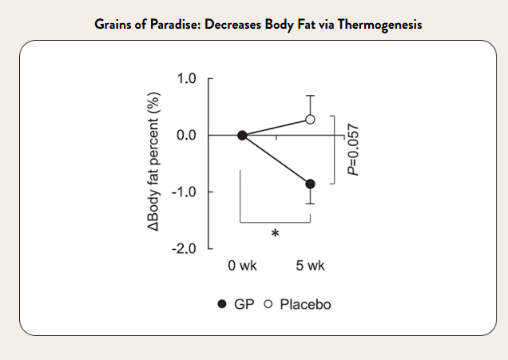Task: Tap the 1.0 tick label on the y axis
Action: (187, 79)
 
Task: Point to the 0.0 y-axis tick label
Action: (187, 136)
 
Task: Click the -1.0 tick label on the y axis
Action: (185, 192)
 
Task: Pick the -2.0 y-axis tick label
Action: (185, 249)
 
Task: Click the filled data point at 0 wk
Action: (242, 136)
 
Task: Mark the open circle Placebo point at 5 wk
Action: (310, 120)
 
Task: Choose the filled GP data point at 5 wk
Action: (310, 184)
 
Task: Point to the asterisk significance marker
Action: (275, 234)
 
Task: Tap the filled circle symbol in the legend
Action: (222, 305)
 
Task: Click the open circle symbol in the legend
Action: (268, 305)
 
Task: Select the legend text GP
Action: (244, 305)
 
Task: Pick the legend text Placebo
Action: (305, 305)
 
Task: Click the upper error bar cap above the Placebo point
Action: (310, 96)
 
